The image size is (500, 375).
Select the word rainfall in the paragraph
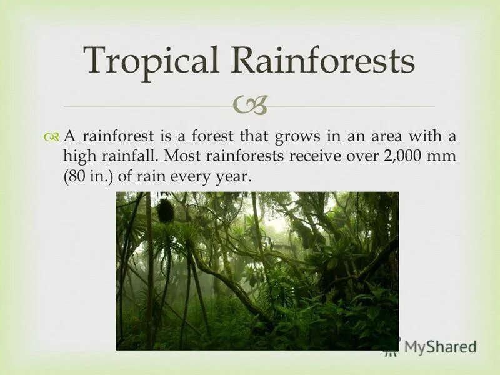(x=127, y=157)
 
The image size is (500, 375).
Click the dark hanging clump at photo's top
(x=166, y=210)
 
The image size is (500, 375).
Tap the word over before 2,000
(x=361, y=157)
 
